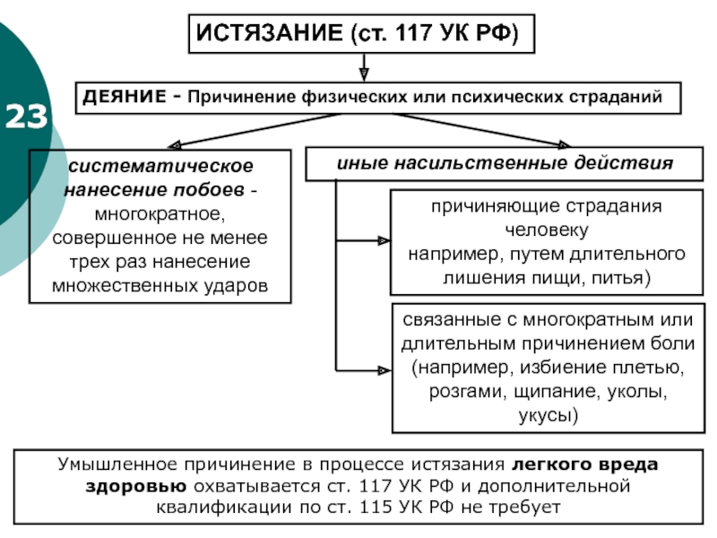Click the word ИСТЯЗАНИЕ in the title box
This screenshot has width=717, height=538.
[x=269, y=33]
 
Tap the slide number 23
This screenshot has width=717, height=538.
[x=26, y=117]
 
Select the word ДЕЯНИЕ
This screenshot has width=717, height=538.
[x=125, y=97]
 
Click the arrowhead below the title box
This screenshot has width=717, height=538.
[x=364, y=74]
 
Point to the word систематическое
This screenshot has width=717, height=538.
[x=160, y=166]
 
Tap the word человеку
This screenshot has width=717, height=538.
[x=547, y=230]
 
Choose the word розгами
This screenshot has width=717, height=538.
[x=467, y=392]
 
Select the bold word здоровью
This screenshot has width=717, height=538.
[x=136, y=486]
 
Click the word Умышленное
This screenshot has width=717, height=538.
[x=118, y=464]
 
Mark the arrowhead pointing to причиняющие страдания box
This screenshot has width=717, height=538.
[x=384, y=240]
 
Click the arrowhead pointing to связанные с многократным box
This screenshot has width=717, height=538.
[x=385, y=370]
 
